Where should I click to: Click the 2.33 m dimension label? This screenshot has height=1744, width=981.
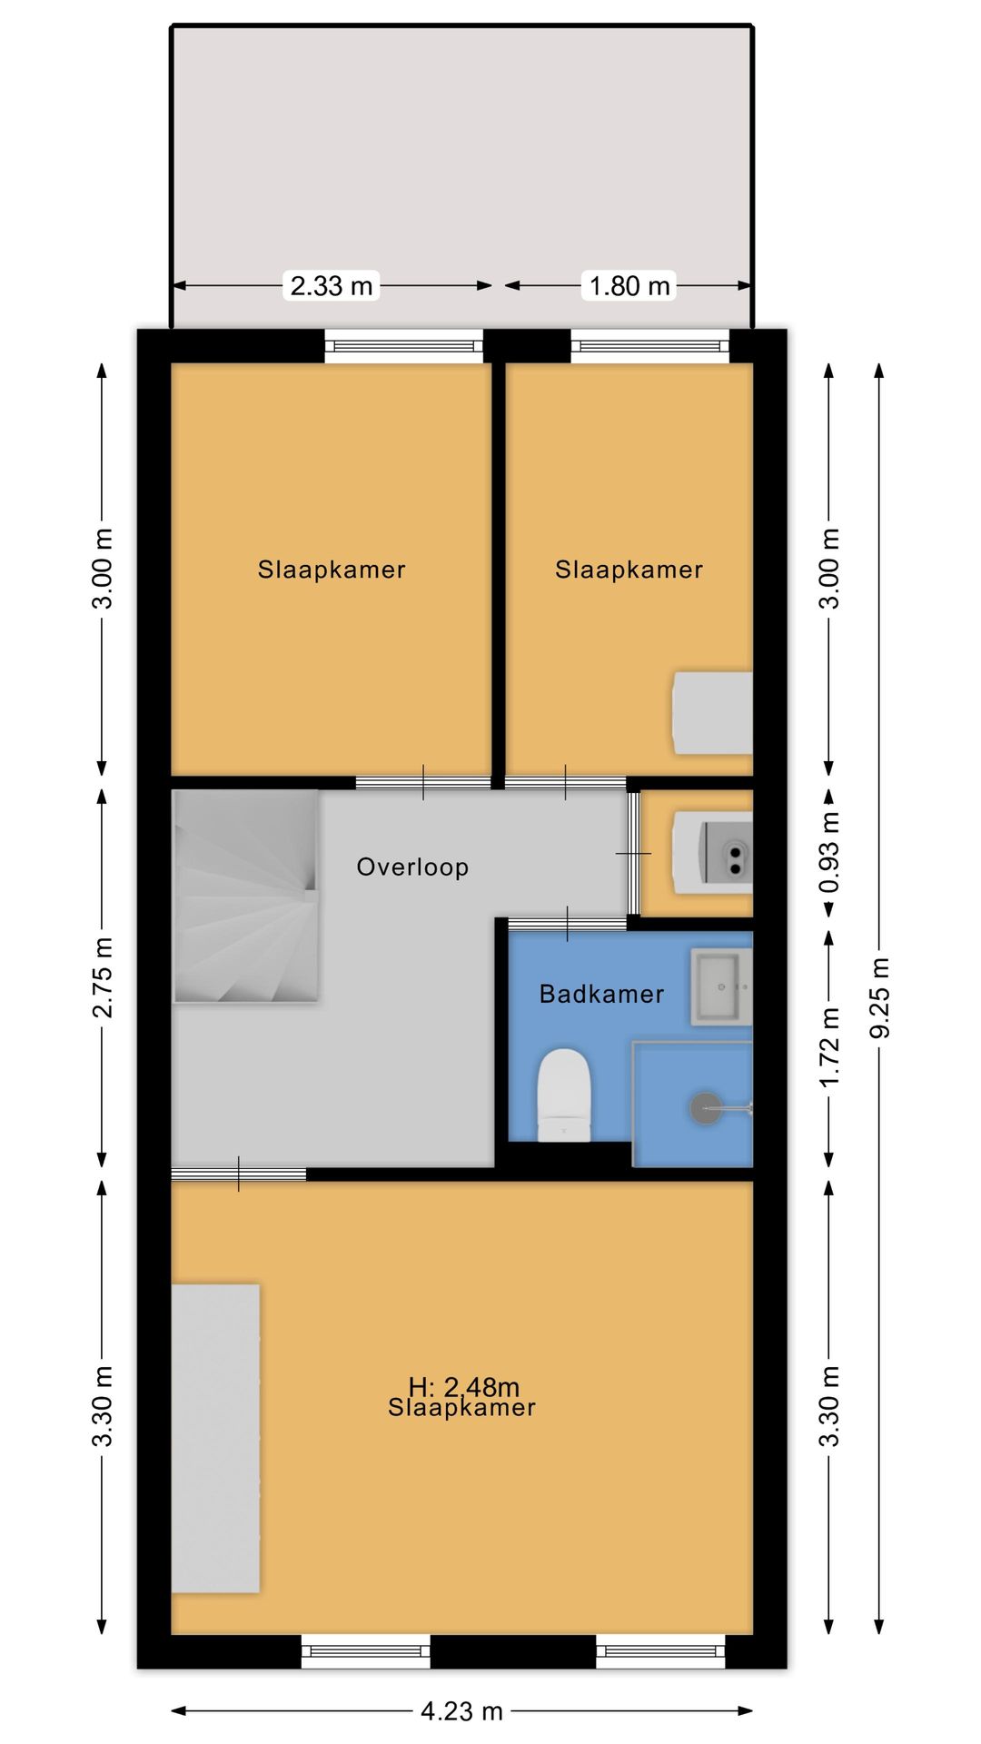[x=332, y=286]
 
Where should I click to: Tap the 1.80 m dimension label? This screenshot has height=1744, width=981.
[x=629, y=286]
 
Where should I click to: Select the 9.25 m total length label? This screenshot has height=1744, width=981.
[x=879, y=996]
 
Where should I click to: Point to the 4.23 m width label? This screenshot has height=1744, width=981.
[x=461, y=1711]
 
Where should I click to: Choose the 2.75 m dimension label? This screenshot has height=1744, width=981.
[x=103, y=976]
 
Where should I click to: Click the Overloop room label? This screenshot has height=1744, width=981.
[x=412, y=867]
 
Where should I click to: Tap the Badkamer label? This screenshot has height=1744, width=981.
[x=601, y=994]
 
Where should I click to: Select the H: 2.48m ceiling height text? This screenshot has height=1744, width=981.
[x=463, y=1387]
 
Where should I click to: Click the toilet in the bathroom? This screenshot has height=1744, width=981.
[x=564, y=1095]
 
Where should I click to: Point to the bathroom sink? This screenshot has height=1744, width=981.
[x=721, y=986]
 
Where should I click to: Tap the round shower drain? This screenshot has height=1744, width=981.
[x=706, y=1108]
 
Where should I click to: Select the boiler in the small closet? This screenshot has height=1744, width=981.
[x=712, y=853]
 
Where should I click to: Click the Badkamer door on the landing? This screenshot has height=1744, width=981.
[x=567, y=924]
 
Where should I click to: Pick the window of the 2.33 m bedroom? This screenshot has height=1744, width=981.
[x=404, y=345]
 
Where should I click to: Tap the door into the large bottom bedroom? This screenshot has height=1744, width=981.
[x=239, y=1174]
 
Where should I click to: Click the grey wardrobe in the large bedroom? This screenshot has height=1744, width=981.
[x=216, y=1438]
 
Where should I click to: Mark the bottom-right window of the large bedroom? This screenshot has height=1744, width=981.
[x=660, y=1650]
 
